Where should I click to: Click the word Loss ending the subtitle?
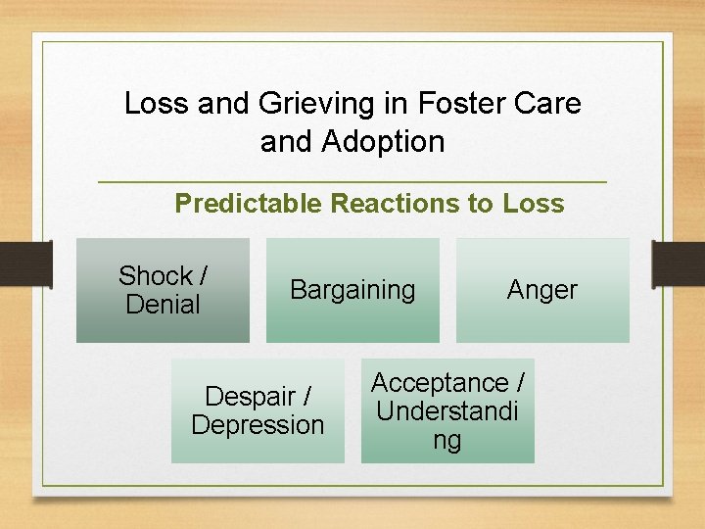(534, 204)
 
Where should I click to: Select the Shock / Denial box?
(163, 290)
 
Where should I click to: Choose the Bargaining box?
(352, 290)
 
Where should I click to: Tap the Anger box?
(542, 290)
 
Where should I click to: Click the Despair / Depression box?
(258, 410)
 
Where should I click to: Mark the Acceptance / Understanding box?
(447, 410)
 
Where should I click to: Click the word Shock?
(155, 276)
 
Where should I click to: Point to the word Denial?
(163, 305)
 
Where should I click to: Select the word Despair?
(250, 397)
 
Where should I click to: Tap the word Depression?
(258, 425)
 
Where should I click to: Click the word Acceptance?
(440, 383)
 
